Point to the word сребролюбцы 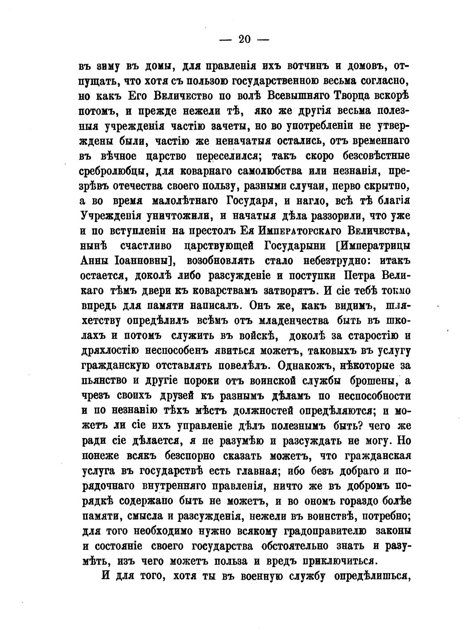[x=111, y=172]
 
